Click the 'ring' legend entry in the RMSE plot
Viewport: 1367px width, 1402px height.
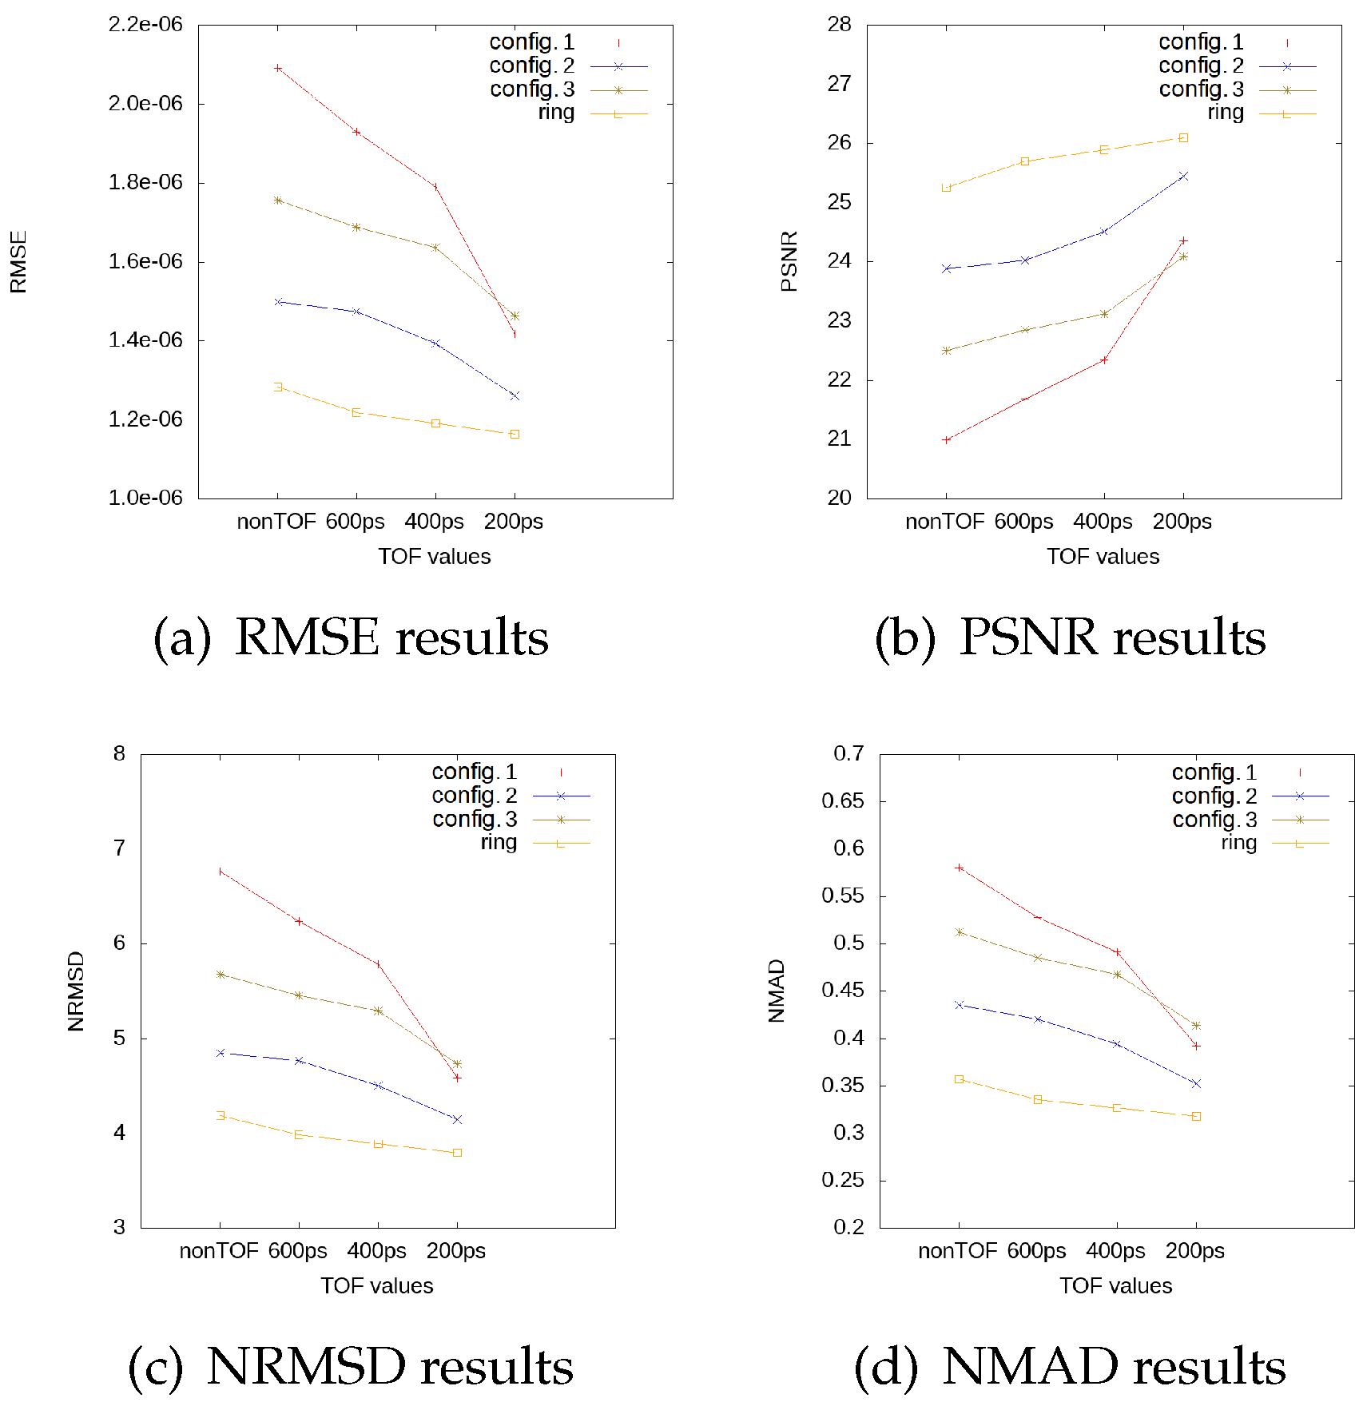click(556, 113)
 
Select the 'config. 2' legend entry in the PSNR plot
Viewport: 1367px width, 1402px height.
click(1201, 66)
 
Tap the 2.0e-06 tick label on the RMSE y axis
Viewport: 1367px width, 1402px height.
click(145, 103)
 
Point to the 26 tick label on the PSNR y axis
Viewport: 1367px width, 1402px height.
click(839, 143)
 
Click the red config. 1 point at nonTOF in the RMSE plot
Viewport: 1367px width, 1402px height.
click(277, 68)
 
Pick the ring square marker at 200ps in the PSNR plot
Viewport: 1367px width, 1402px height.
click(1183, 137)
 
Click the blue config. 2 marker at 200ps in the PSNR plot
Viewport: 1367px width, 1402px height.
click(1183, 176)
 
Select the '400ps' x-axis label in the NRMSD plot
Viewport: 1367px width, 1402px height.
click(376, 1251)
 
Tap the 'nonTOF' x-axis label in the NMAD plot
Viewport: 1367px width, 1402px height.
click(957, 1251)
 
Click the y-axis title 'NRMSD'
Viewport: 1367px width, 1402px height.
click(76, 991)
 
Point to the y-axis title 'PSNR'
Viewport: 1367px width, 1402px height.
click(789, 261)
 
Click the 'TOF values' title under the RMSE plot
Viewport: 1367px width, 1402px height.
click(434, 557)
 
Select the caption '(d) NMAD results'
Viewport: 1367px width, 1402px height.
click(1069, 1367)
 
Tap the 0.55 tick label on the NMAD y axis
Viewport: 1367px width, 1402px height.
click(843, 896)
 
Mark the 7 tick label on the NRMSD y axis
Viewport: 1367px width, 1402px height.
click(119, 848)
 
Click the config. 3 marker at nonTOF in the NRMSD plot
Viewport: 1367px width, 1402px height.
click(220, 975)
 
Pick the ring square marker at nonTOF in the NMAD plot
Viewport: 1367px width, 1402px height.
click(959, 1079)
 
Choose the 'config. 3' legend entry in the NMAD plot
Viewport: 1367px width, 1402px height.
click(1214, 820)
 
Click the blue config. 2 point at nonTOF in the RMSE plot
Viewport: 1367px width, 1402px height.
click(277, 302)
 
